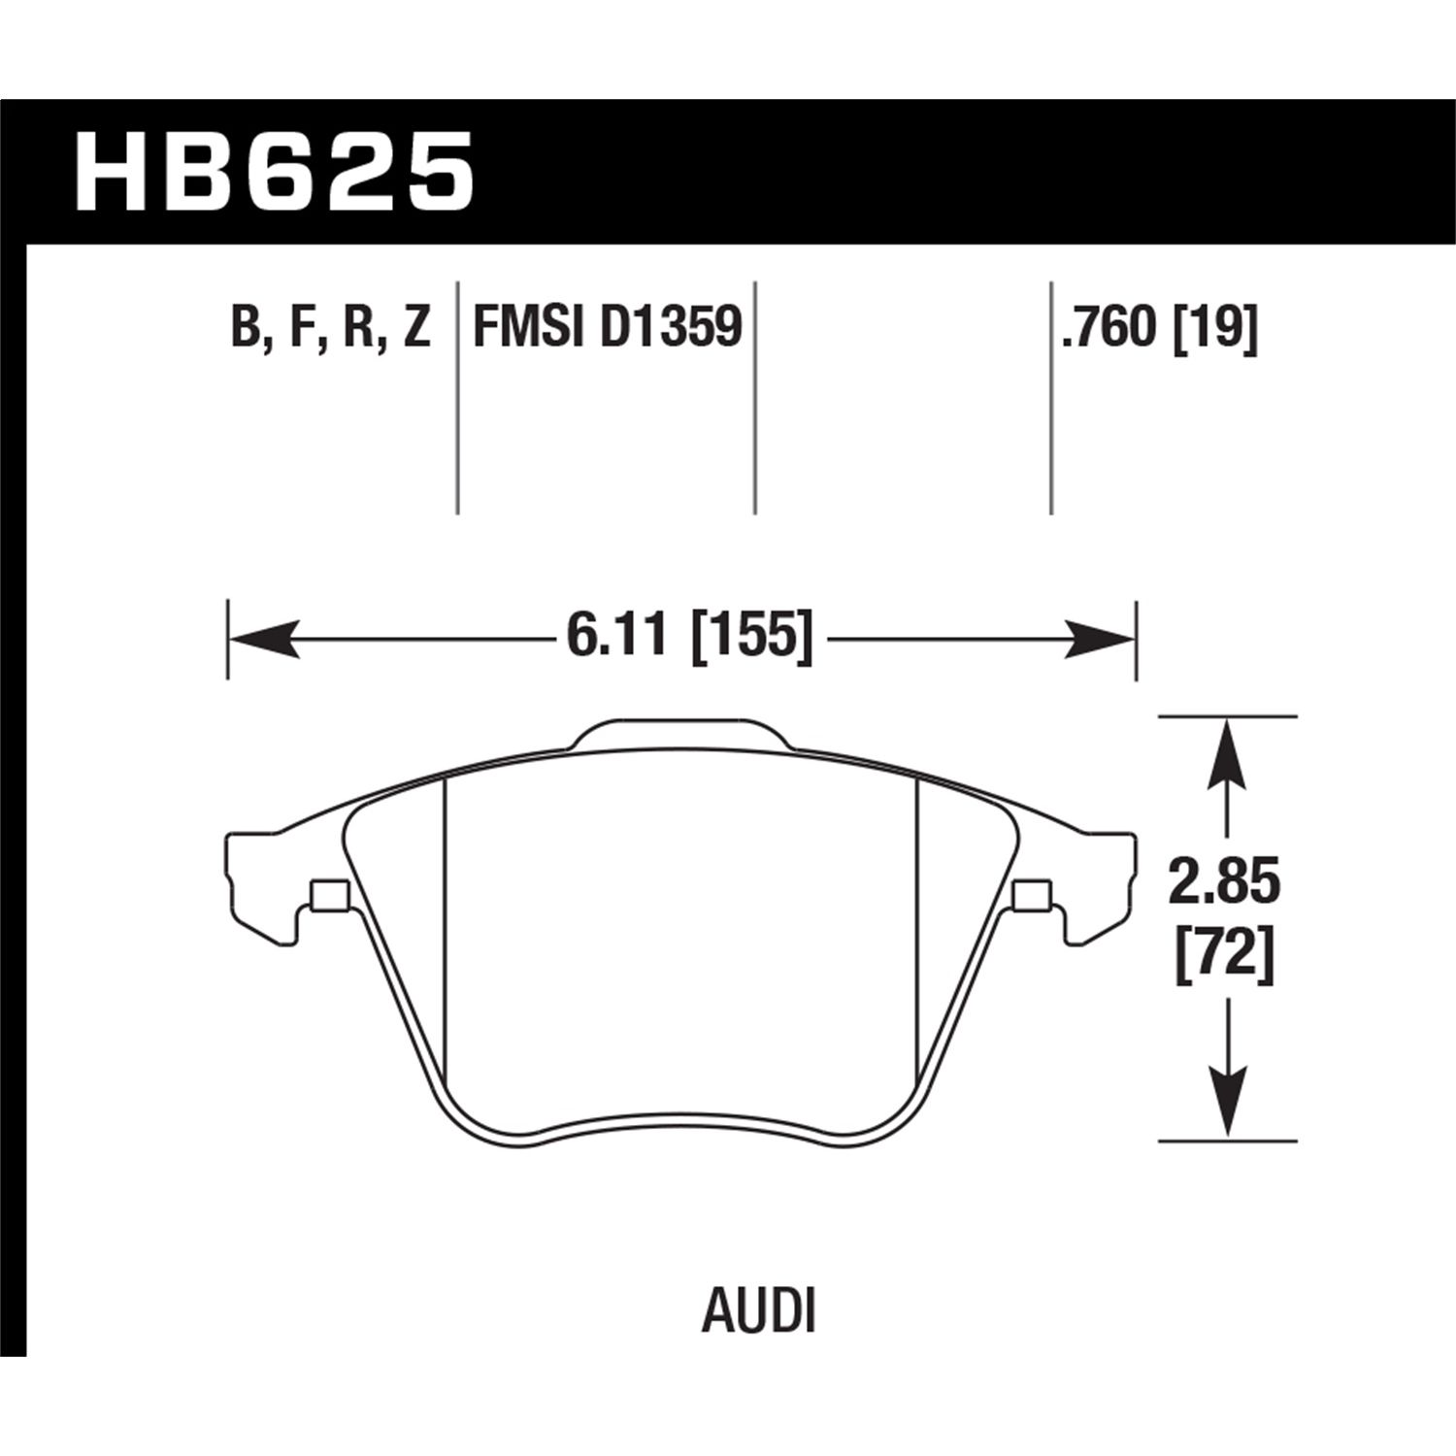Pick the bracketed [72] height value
point(1225,957)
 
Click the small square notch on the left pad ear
point(330,895)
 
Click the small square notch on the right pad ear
point(1031,895)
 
